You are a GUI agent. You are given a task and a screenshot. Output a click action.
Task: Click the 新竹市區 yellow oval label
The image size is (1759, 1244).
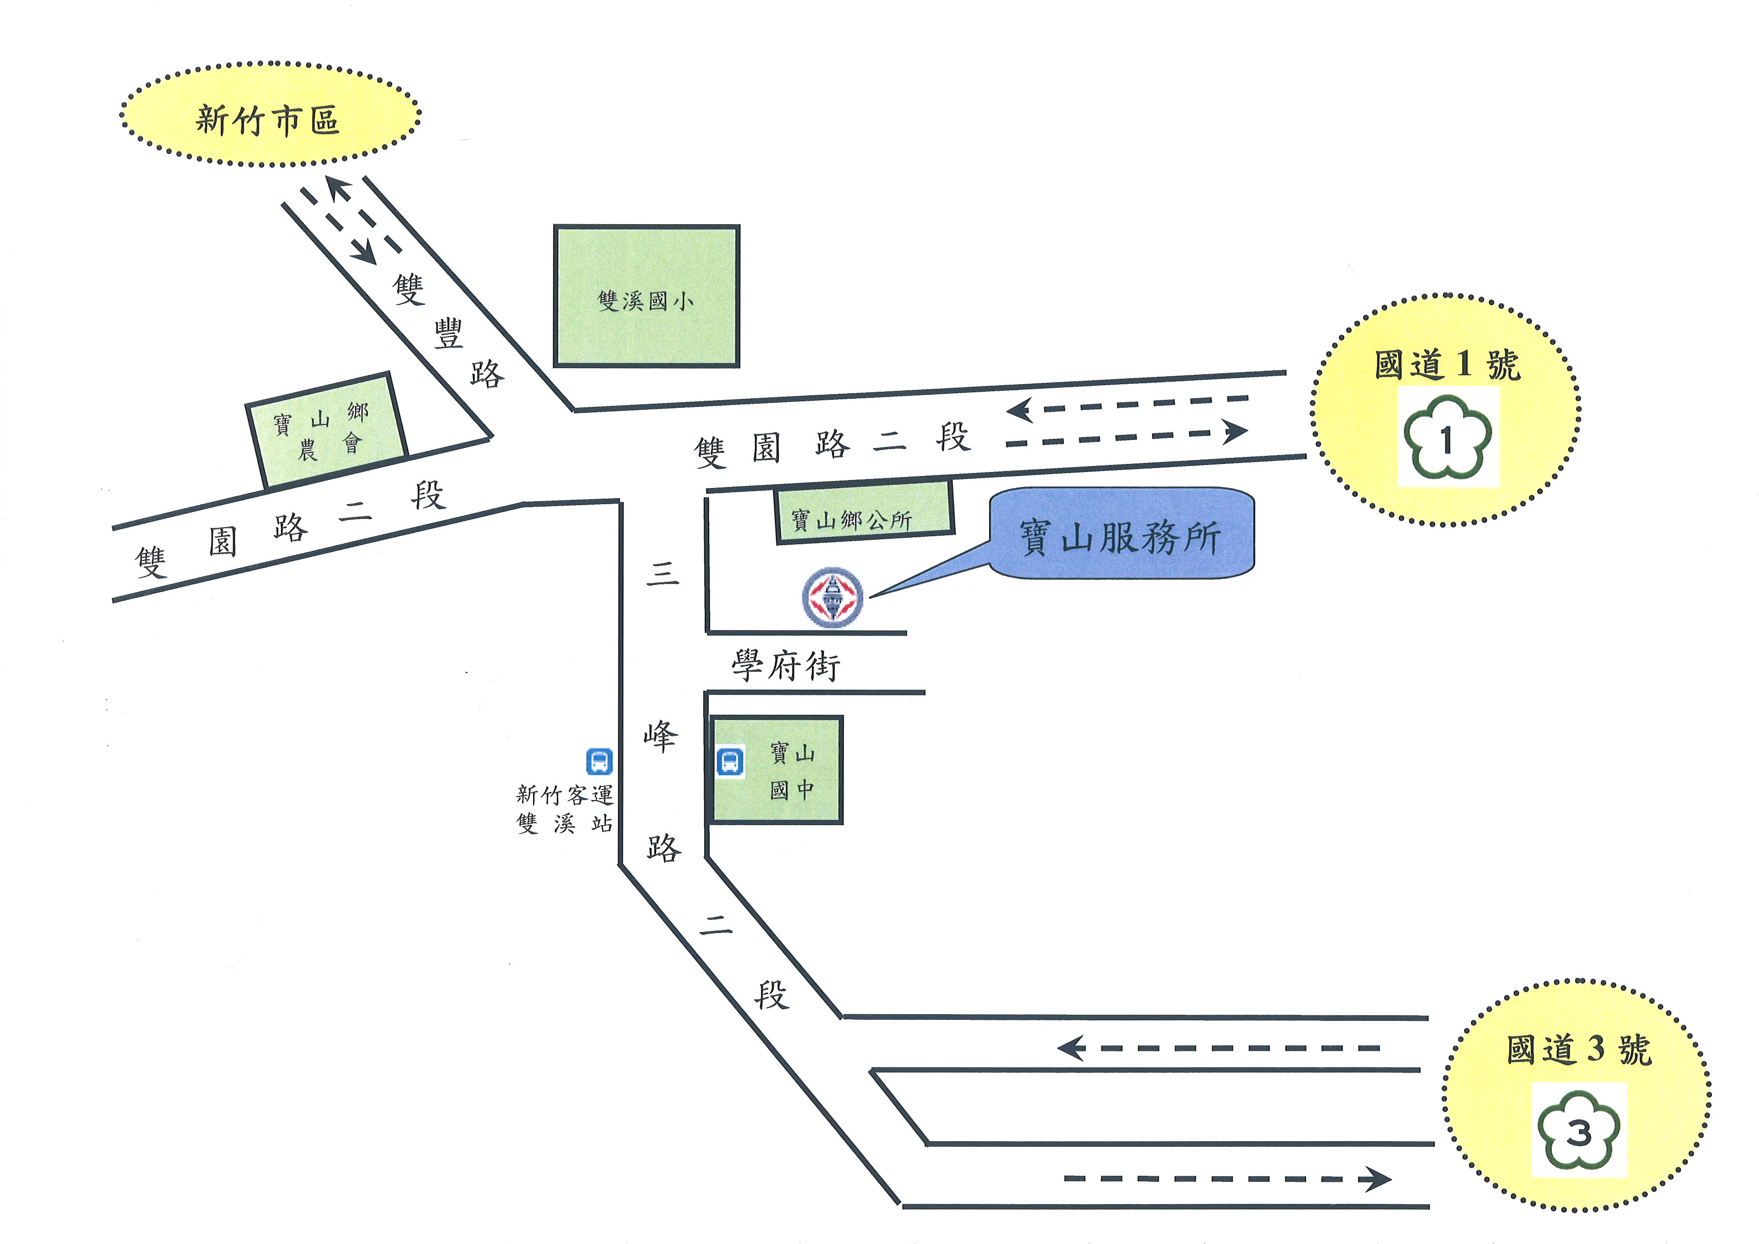(x=270, y=115)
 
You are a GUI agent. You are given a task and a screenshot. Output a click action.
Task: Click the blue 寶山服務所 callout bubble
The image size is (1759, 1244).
(x=1122, y=534)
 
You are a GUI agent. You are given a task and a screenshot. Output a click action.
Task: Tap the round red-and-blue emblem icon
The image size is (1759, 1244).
(x=833, y=597)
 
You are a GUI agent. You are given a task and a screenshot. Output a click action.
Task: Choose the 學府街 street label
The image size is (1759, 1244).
(x=786, y=665)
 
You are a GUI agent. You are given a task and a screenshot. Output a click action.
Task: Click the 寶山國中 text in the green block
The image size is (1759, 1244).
(x=792, y=770)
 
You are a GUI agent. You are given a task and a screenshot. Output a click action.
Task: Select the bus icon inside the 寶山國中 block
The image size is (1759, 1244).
(x=730, y=761)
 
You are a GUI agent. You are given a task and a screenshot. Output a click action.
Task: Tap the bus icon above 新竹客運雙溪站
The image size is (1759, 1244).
(x=599, y=761)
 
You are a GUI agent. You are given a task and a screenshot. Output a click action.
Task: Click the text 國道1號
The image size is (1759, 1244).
(x=1447, y=365)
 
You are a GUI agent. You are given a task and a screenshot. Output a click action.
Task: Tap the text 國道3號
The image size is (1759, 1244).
(x=1579, y=1049)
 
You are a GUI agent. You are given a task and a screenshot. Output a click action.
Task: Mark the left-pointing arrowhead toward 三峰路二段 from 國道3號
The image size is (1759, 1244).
(x=1070, y=1048)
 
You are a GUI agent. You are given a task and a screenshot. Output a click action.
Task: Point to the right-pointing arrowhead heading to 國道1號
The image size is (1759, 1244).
(x=1234, y=431)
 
